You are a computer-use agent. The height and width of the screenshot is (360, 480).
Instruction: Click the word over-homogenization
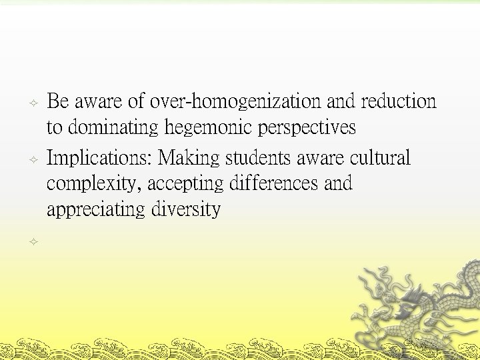pos(236,102)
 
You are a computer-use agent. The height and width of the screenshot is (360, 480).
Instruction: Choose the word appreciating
pos(97,210)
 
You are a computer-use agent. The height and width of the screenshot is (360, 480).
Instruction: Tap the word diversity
pos(186,210)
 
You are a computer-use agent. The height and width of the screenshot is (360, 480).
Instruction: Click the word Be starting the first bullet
pos(58,102)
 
